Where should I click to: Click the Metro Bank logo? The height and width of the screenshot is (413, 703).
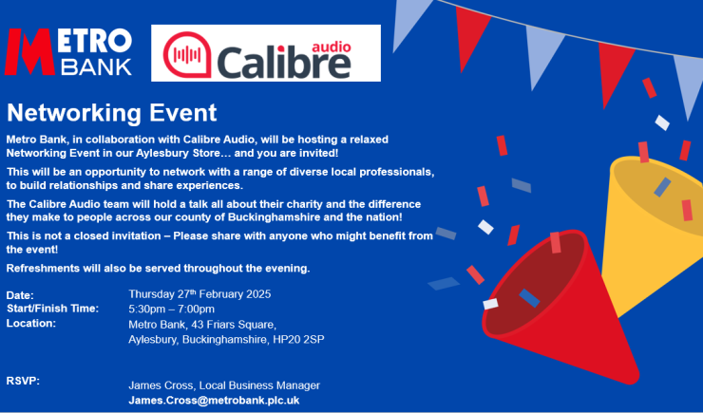[69, 52]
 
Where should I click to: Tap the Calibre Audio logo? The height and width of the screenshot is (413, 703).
[265, 53]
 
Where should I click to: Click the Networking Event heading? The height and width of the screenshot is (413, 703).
[112, 114]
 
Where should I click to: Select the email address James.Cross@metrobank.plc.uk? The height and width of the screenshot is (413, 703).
[214, 401]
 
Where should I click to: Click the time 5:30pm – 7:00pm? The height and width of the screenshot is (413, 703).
[172, 309]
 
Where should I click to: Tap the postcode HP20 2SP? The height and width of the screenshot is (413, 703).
[298, 339]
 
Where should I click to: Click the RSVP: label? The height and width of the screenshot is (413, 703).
[23, 380]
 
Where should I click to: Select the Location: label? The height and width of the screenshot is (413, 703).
[31, 323]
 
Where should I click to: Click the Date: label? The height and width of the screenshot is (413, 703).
[20, 295]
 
